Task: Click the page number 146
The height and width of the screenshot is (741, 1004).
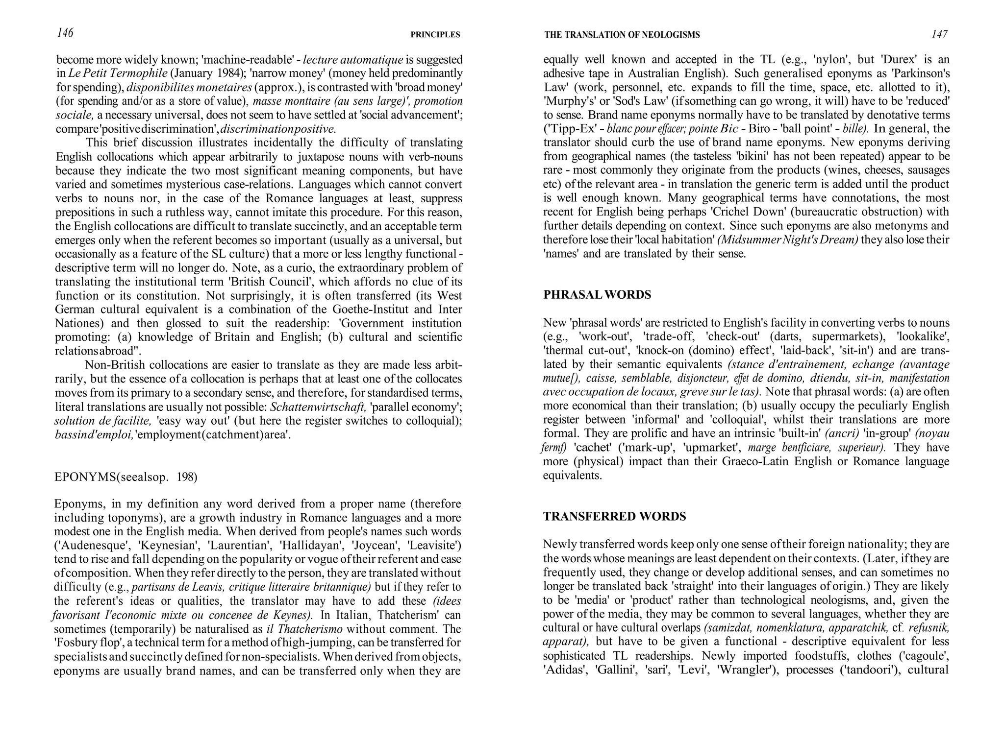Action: point(65,33)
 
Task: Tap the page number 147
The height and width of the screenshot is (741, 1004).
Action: point(939,34)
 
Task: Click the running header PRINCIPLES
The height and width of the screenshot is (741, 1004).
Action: point(435,35)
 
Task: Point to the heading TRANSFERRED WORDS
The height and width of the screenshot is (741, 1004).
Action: point(614,516)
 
